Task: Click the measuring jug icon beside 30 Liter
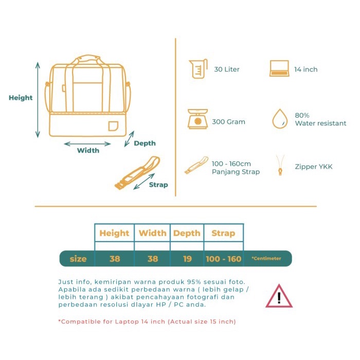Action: click(x=198, y=68)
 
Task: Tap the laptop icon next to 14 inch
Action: click(x=279, y=68)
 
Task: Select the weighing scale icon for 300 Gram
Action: click(x=197, y=119)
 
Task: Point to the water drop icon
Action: click(x=280, y=119)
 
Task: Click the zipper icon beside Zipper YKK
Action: click(x=280, y=165)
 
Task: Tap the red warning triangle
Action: click(x=279, y=296)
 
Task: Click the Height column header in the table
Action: click(x=114, y=233)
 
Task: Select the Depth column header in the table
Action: click(x=187, y=233)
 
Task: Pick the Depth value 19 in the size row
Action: click(x=187, y=259)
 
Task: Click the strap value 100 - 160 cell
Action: click(x=224, y=259)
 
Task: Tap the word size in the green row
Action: click(x=78, y=259)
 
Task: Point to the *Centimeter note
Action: click(x=266, y=258)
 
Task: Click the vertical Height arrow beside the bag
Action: click(x=38, y=100)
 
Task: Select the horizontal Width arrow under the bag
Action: click(x=87, y=144)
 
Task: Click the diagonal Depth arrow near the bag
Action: click(x=129, y=139)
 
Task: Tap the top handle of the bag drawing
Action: click(x=88, y=58)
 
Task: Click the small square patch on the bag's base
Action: click(x=113, y=126)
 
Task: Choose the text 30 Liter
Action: click(x=227, y=69)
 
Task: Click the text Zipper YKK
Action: click(x=314, y=167)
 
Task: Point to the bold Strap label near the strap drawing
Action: click(x=158, y=185)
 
